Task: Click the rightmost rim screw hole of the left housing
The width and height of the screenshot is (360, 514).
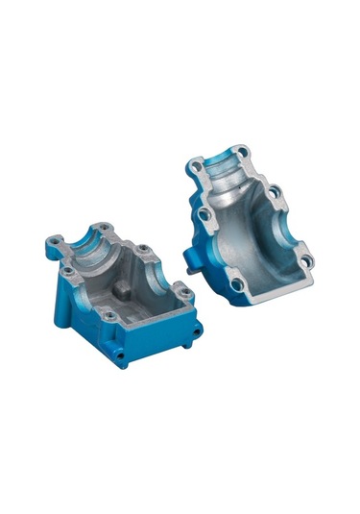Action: pos(187,293)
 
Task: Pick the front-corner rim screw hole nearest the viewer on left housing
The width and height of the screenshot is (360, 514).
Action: pos(110,315)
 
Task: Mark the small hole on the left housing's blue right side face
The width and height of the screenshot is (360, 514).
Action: pos(196,333)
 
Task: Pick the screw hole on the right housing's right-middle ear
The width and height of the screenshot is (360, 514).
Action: pos(275,191)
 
